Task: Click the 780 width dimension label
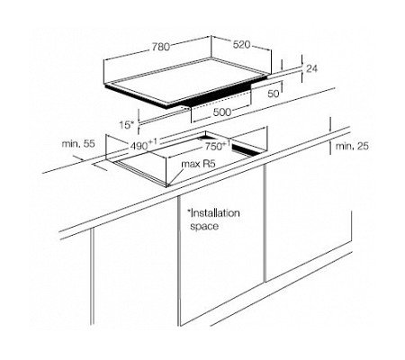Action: [x=160, y=47]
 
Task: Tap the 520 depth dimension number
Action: [x=242, y=44]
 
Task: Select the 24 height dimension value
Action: [x=311, y=68]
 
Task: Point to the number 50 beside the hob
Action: [x=273, y=94]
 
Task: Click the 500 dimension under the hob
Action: [x=222, y=112]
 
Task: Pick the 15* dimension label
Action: [x=127, y=124]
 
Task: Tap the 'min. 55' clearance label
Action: [x=78, y=144]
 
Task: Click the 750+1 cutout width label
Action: [x=218, y=147]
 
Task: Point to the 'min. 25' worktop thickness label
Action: [x=352, y=146]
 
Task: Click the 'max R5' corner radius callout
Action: [x=198, y=164]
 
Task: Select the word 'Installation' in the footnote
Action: [x=215, y=213]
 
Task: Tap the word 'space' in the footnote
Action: [x=204, y=226]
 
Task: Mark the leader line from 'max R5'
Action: [x=175, y=177]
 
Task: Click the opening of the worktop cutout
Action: [x=187, y=156]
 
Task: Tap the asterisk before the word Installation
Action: [x=189, y=211]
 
